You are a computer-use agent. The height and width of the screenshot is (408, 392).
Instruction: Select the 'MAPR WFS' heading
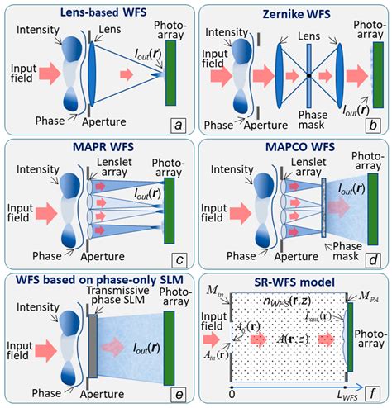click(97, 146)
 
